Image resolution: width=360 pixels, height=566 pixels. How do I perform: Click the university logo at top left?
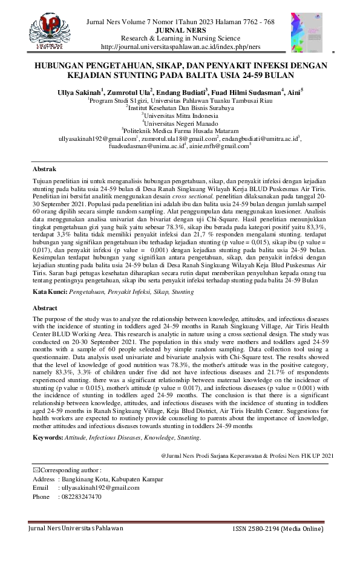click(x=47, y=30)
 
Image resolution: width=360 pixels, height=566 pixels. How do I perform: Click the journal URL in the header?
click(x=180, y=47)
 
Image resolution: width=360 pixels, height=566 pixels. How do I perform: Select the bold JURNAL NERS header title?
click(x=180, y=30)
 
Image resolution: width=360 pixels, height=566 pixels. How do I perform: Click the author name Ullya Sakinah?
click(x=82, y=91)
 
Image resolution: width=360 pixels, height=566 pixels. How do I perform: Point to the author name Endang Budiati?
click(x=182, y=91)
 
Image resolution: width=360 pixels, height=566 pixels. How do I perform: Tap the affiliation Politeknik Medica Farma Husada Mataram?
click(x=181, y=130)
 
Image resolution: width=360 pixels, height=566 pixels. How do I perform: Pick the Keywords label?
click(x=48, y=437)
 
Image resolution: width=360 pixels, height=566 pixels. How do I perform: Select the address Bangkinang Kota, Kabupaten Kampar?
click(x=111, y=479)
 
